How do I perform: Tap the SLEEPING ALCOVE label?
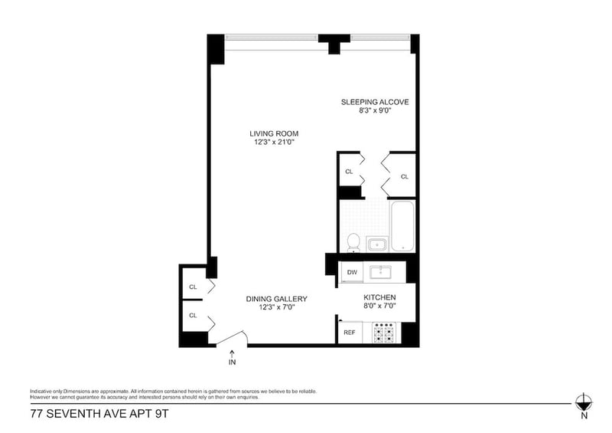(x=375, y=101)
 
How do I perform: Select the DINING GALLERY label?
(x=276, y=299)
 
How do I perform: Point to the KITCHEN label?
(x=379, y=297)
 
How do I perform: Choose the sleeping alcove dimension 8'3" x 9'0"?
(x=375, y=110)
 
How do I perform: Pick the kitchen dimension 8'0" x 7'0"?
(x=379, y=307)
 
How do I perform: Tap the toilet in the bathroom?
(x=353, y=242)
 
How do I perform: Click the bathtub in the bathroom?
(x=402, y=227)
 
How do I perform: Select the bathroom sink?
(x=377, y=244)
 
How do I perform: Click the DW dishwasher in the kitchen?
(x=352, y=272)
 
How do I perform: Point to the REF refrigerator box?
(x=350, y=333)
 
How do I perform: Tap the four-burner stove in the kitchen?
(x=384, y=333)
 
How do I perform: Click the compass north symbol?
(x=584, y=402)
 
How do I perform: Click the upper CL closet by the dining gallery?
(x=193, y=288)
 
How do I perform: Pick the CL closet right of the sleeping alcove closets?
(x=405, y=176)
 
